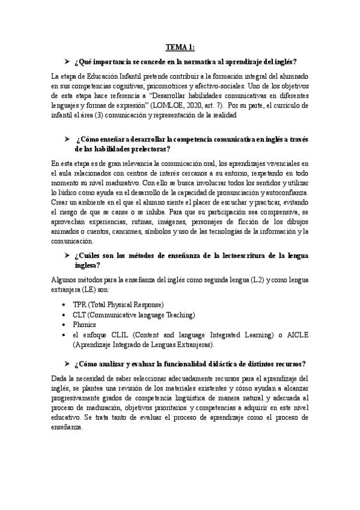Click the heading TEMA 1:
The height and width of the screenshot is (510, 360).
pyautogui.click(x=180, y=48)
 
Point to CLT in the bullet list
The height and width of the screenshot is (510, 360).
pyautogui.click(x=80, y=315)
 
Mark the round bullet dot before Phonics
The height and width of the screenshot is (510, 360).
pyautogui.click(x=64, y=325)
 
